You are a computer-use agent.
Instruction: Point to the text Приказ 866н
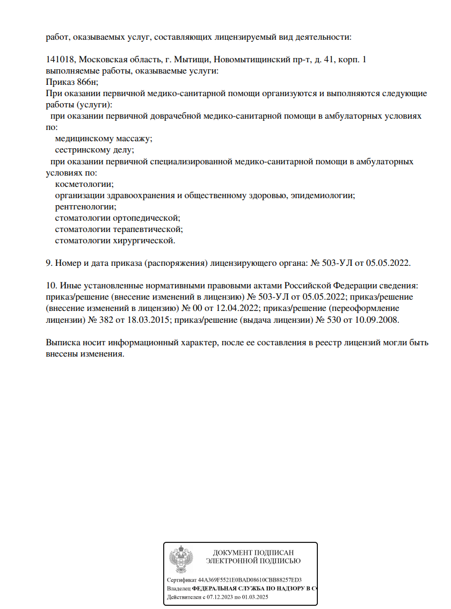point(72,82)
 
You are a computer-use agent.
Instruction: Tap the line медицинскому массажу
point(104,138)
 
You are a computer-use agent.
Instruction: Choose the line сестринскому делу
point(94,150)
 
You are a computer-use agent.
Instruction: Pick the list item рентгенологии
point(85,206)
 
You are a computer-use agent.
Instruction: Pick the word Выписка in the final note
point(64,343)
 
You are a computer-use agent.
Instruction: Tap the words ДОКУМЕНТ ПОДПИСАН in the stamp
point(253,552)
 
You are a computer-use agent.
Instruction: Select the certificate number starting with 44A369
point(250,580)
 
